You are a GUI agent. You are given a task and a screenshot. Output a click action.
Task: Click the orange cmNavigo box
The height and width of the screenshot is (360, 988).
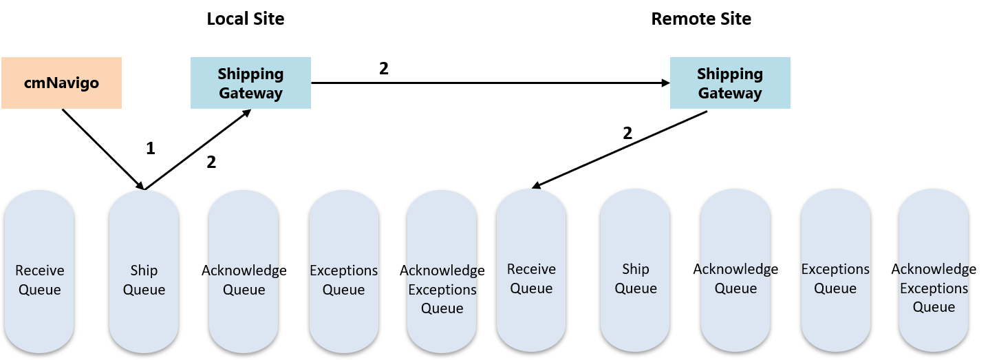[61, 83]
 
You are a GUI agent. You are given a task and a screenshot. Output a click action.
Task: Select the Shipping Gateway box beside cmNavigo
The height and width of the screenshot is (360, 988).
[250, 83]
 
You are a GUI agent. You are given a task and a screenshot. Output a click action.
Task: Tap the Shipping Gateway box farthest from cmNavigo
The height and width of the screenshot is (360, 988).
[730, 83]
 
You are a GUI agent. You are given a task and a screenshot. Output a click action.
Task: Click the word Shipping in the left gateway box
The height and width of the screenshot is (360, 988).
[250, 74]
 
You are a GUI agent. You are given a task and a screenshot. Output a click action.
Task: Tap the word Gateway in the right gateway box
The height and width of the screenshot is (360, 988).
[730, 93]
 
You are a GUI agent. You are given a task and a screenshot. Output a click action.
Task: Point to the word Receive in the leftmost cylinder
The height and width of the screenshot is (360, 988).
[40, 271]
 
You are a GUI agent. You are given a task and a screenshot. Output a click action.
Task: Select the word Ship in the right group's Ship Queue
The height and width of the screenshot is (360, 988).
[636, 269]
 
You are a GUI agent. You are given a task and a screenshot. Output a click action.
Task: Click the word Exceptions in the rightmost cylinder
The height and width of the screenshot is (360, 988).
[934, 288]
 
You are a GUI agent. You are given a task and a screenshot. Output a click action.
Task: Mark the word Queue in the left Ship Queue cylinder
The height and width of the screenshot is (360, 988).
[144, 290]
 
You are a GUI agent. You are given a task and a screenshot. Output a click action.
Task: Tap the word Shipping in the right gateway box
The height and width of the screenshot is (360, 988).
[730, 74]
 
